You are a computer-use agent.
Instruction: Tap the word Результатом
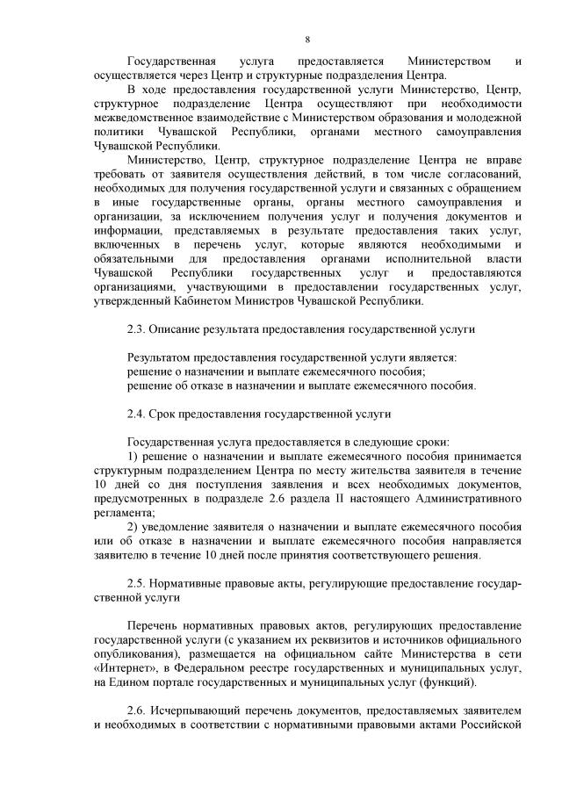coord(162,357)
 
